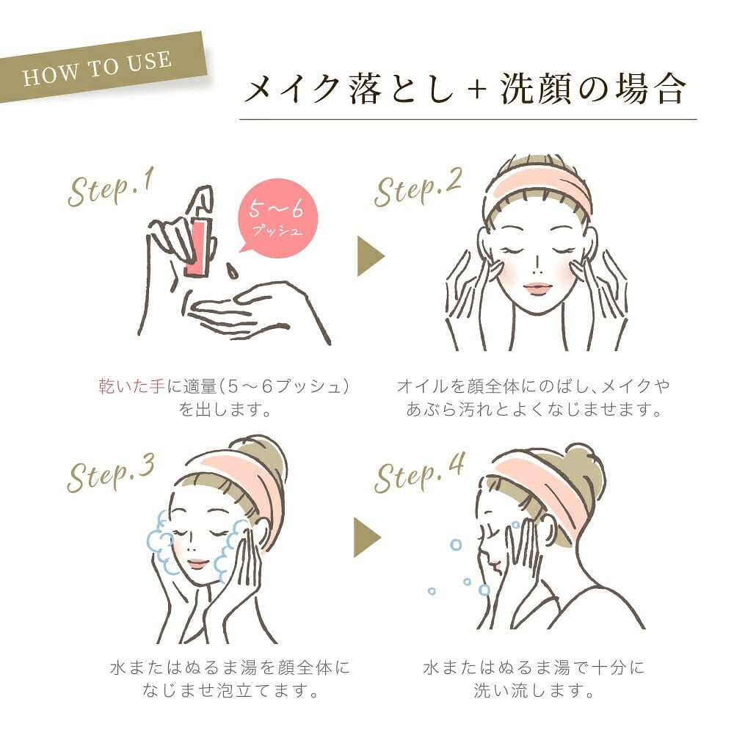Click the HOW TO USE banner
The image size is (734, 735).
tap(102, 67)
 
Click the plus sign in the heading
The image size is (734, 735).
tap(477, 89)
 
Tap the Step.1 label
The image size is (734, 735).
tap(111, 189)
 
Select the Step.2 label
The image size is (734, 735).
tap(418, 189)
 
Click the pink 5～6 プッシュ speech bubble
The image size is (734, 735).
tap(277, 217)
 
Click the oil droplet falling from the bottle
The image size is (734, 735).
tap(231, 270)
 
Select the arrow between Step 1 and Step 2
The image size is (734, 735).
tap(370, 256)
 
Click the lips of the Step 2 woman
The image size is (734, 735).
tap(537, 288)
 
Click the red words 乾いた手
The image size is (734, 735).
tap(131, 386)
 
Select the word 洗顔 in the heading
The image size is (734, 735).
tap(535, 89)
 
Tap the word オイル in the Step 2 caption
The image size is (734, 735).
tap(423, 386)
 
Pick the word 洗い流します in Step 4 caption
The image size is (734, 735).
tap(534, 690)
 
